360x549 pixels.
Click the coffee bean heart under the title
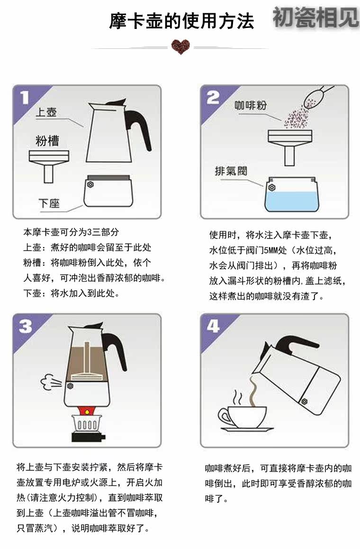tap(180, 46)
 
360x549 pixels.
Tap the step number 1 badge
tap(25, 98)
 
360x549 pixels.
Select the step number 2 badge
tap(213, 98)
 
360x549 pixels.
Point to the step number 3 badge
tap(25, 326)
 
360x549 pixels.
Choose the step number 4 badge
tap(213, 326)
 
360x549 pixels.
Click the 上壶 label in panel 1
tap(46, 112)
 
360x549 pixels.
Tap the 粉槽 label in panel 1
tap(47, 140)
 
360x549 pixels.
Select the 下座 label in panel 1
tap(49, 203)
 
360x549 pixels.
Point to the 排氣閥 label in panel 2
tap(231, 171)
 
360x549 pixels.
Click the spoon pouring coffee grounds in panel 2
tap(316, 96)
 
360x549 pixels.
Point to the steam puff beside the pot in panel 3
tap(51, 383)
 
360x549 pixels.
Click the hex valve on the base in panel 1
tap(90, 184)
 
